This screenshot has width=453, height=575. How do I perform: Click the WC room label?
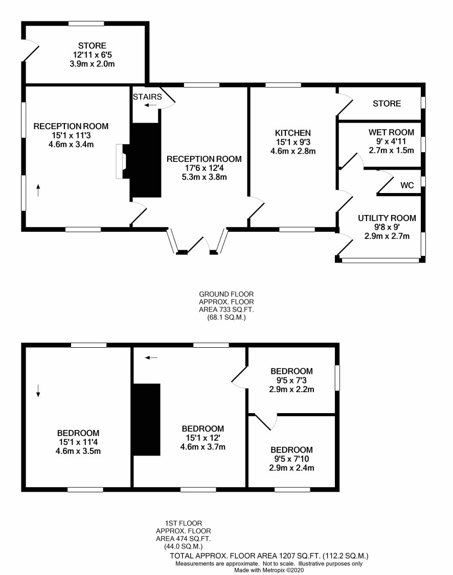(x=407, y=185)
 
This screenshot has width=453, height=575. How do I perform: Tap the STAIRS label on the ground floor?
(x=147, y=97)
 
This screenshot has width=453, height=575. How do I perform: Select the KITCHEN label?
(x=293, y=133)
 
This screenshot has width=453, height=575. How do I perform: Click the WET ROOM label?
(x=391, y=132)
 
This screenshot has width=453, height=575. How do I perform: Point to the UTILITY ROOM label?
(x=387, y=218)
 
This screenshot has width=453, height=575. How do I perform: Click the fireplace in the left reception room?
(x=121, y=161)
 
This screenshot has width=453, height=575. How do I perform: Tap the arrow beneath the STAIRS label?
(x=150, y=105)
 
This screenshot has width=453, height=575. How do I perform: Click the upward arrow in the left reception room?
(x=38, y=190)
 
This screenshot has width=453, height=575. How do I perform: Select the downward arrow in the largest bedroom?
(x=38, y=391)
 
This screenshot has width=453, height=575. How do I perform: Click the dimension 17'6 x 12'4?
(x=204, y=168)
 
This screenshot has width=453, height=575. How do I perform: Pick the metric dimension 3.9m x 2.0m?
(x=92, y=64)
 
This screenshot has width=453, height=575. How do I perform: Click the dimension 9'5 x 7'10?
(x=291, y=459)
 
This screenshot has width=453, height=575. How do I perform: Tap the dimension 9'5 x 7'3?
(x=291, y=380)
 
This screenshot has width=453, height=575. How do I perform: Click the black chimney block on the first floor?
(x=147, y=420)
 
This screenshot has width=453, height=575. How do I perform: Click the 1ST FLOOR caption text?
(x=183, y=523)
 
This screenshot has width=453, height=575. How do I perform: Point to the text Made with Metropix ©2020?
(x=269, y=570)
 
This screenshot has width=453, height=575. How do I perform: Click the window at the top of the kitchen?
(x=283, y=85)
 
